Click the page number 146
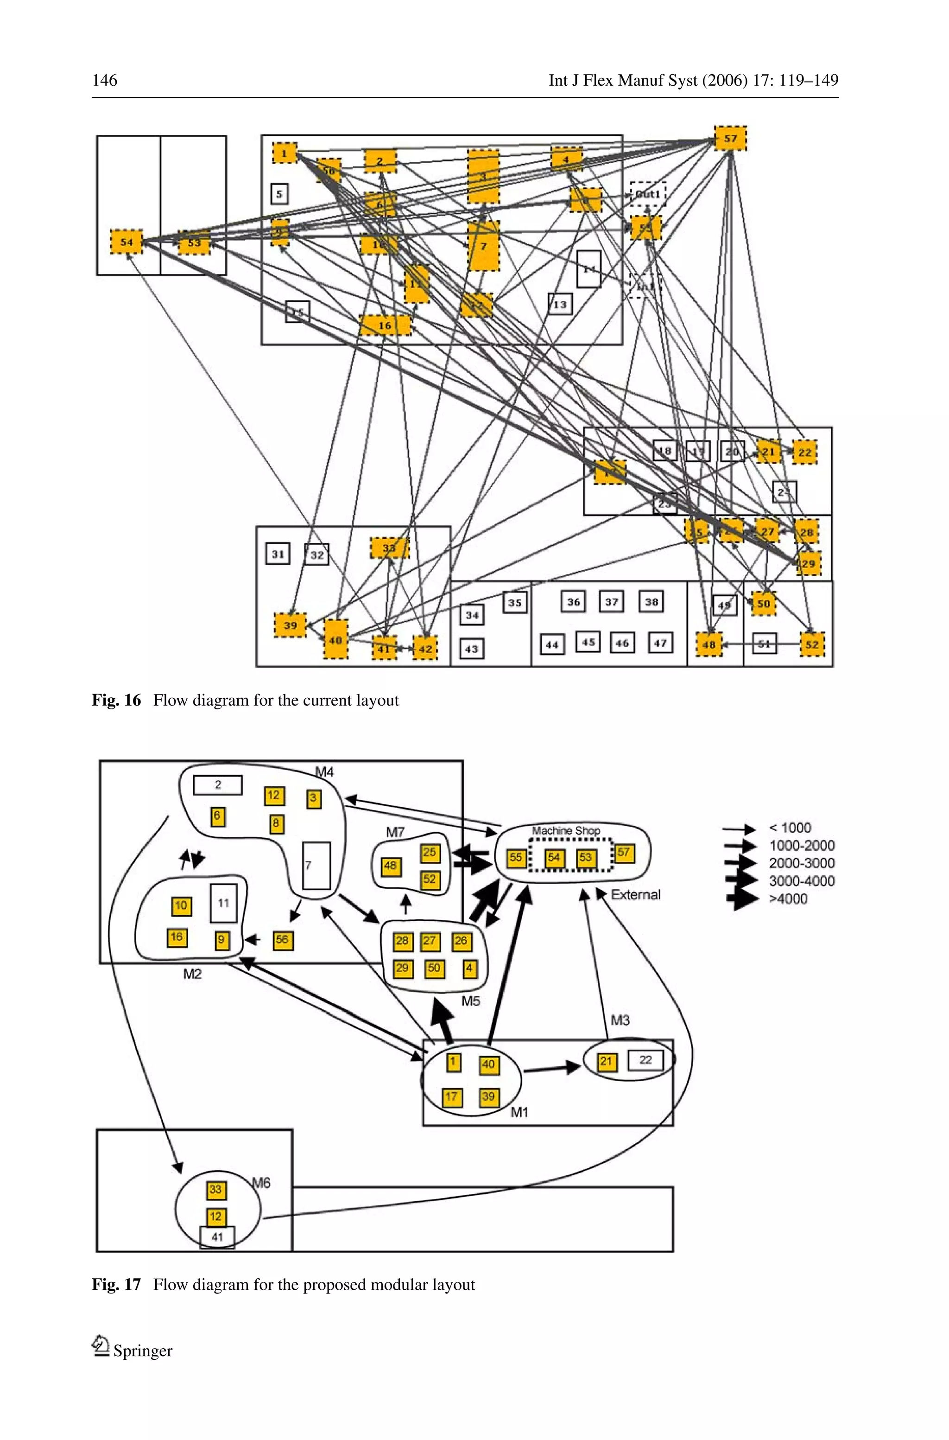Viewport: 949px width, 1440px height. click(x=105, y=81)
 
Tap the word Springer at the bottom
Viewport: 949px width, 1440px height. click(x=142, y=1351)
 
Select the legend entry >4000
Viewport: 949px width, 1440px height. click(x=788, y=898)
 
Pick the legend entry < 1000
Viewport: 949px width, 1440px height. click(x=789, y=828)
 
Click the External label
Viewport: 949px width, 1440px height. click(x=635, y=894)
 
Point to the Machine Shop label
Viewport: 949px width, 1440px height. click(x=566, y=830)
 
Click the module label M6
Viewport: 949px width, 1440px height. click(x=261, y=1182)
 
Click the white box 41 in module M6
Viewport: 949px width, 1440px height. click(x=217, y=1237)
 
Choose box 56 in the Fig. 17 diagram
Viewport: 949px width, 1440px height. click(x=282, y=939)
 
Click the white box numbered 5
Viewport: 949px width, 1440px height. click(x=279, y=194)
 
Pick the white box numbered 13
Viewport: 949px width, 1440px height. click(x=560, y=304)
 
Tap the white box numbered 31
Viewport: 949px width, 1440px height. click(x=278, y=554)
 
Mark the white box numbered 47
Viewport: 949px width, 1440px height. click(x=660, y=643)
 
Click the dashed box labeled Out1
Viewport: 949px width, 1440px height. click(x=648, y=194)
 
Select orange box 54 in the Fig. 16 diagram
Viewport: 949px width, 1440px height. click(x=127, y=242)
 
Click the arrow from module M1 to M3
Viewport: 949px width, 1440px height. click(x=551, y=1068)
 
